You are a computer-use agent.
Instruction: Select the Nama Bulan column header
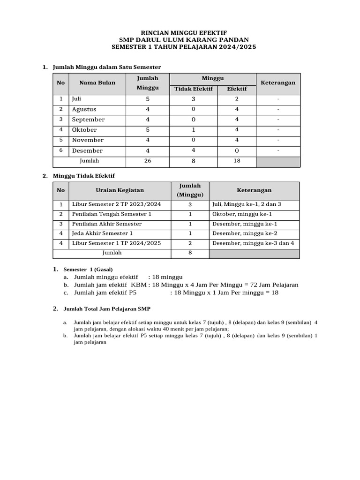(97, 83)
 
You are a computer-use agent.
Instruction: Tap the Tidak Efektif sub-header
(194, 89)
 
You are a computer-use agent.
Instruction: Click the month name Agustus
(84, 109)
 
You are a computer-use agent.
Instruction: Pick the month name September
(89, 120)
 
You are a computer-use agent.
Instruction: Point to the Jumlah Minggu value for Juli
(148, 99)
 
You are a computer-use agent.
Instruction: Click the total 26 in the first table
(148, 161)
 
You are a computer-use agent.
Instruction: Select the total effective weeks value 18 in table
(237, 161)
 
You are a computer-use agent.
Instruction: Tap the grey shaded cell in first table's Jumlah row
(278, 162)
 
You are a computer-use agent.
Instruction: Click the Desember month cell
(87, 150)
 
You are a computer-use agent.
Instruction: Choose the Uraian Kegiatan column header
(120, 190)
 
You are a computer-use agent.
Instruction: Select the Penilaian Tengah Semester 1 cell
(112, 214)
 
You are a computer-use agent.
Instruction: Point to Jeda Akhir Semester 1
(102, 233)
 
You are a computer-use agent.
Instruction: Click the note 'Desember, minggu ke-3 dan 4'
(253, 243)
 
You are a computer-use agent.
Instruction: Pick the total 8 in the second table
(190, 253)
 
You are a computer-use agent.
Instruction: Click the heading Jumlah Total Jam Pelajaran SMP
(107, 309)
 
